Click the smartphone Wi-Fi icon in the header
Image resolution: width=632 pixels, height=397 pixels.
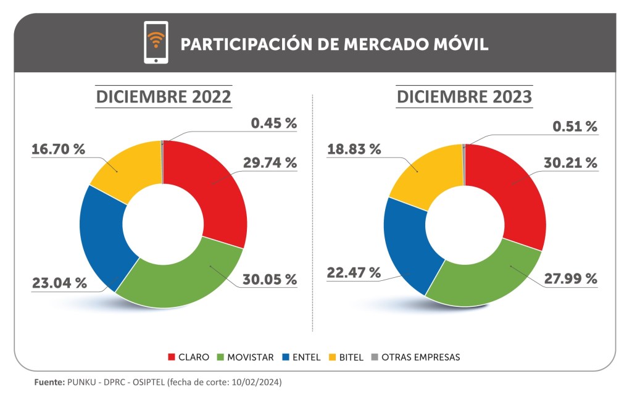[x=156, y=42]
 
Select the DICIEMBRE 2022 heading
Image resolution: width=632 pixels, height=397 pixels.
[x=163, y=98]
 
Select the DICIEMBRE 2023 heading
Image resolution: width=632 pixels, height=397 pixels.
[x=464, y=98]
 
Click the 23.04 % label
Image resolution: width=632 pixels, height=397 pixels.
[x=59, y=283]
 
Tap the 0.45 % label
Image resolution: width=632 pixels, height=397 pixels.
[x=273, y=123]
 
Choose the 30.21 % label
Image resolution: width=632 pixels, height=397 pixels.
[x=570, y=163]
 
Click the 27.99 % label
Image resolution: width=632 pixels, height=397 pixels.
[x=570, y=278]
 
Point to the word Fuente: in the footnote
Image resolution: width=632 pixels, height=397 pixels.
[x=48, y=383]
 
